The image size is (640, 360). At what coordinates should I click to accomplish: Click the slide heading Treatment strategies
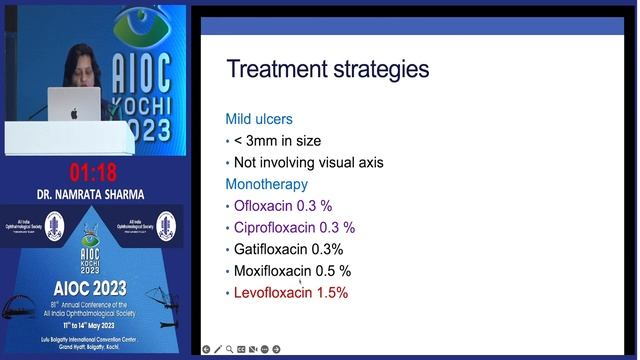point(328,69)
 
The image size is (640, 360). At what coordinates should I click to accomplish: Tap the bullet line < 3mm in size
point(277,140)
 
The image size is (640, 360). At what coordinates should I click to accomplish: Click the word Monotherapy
point(268,184)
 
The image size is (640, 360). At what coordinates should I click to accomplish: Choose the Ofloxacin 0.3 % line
point(283,205)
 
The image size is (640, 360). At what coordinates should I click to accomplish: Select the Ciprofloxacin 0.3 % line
point(294,227)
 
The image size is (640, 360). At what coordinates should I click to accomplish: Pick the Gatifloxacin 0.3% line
point(288,249)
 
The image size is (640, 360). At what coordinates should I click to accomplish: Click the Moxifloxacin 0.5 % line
point(292,271)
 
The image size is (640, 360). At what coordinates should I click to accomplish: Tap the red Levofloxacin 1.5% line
point(291,293)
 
